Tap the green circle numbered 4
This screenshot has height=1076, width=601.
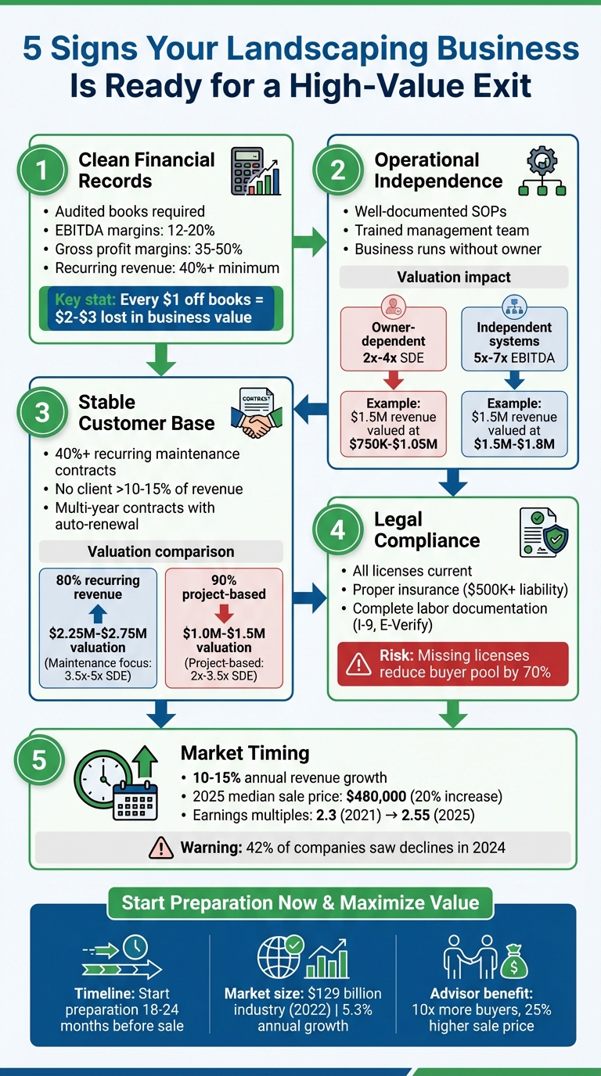point(337,530)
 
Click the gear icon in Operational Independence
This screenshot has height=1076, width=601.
point(542,161)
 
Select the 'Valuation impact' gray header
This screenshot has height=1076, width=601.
point(454,277)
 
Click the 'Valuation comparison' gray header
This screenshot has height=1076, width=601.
point(161,551)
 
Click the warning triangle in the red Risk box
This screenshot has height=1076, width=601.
point(358,664)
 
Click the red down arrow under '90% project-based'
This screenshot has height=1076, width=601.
point(224,613)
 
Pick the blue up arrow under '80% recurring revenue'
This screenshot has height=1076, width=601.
point(98,613)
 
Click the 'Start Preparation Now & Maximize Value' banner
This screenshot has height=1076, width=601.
point(300,902)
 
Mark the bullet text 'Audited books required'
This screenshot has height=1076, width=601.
point(130,212)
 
